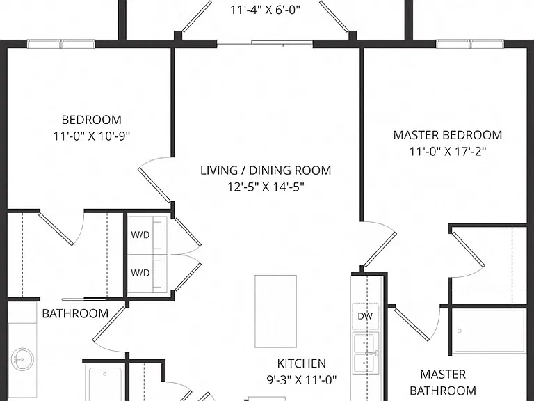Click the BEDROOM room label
click(92, 120)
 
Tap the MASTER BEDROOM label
click(448, 135)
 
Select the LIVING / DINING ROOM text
click(266, 171)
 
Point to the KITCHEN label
click(301, 363)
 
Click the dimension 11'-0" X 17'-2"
click(448, 151)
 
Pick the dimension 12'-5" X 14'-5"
click(266, 187)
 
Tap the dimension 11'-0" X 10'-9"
click(92, 136)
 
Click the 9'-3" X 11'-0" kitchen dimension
click(301, 379)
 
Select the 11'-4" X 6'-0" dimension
click(266, 10)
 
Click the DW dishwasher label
click(365, 317)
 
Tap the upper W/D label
click(140, 235)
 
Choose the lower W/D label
click(140, 273)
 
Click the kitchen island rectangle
click(275, 311)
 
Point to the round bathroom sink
click(22, 359)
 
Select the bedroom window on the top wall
click(61, 44)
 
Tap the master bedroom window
click(470, 44)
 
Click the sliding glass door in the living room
click(265, 43)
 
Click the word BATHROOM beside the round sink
click(75, 314)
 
